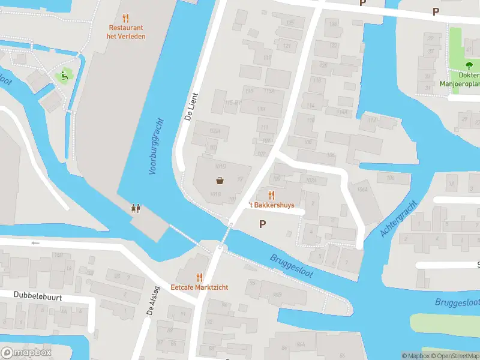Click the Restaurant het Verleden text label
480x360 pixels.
tap(127, 32)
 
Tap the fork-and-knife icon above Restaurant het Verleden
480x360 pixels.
tap(125, 18)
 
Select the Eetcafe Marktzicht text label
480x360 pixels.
tap(199, 287)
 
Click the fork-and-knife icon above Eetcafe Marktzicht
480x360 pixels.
tap(200, 277)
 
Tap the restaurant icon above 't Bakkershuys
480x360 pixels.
tap(271, 195)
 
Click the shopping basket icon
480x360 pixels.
tap(221, 181)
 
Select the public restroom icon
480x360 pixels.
tap(136, 208)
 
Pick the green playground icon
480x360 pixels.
tap(62, 76)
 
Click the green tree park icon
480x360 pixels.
tap(469, 65)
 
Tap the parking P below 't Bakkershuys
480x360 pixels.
tap(262, 224)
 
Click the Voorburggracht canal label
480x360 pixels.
tap(155, 146)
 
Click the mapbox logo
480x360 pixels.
tap(26, 352)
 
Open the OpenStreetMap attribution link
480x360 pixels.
tap(453, 356)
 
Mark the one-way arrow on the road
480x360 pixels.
tap(35, 243)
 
